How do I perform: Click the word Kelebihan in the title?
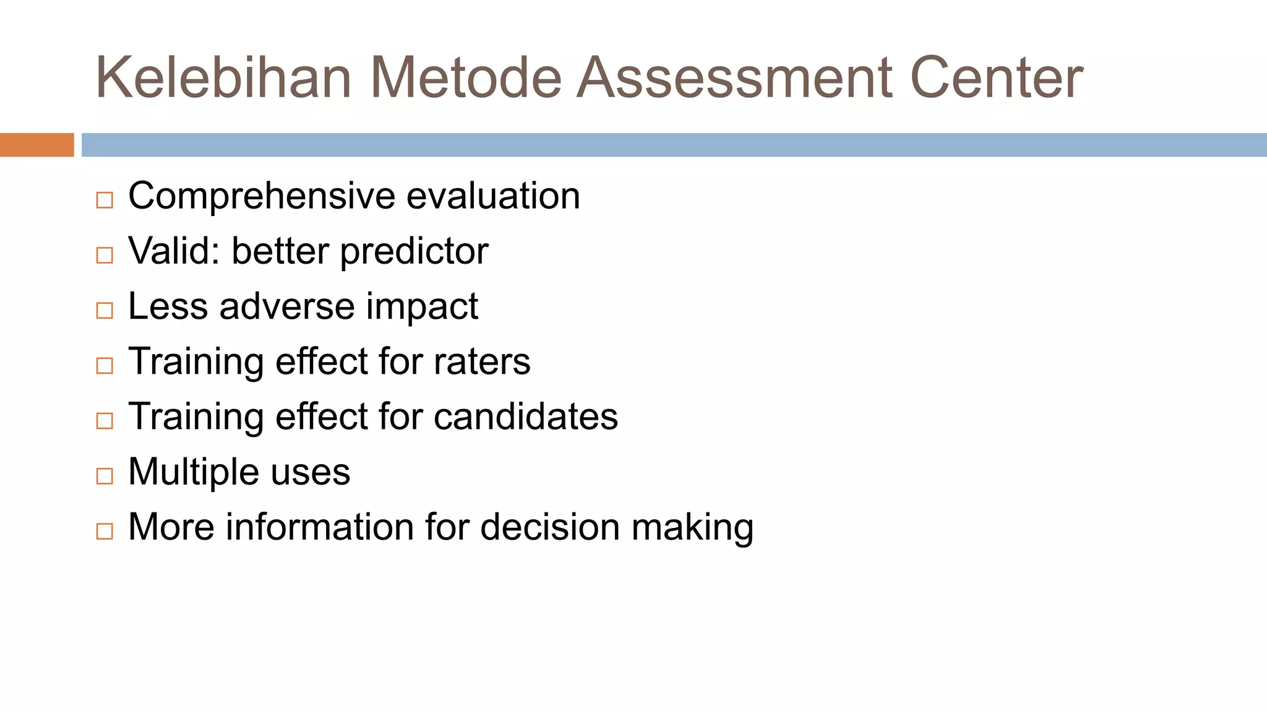[223, 77]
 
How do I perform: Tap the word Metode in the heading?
[466, 77]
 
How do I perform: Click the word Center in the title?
[997, 77]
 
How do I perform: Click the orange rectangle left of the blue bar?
[37, 145]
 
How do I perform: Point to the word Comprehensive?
[261, 196]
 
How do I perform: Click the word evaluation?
[493, 196]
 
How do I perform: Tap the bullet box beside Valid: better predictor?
[105, 255]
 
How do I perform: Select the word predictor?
[414, 252]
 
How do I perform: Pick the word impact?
[421, 308]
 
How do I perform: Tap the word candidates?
[525, 417]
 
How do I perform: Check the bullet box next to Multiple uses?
[105, 476]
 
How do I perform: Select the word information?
[320, 527]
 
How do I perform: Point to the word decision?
[550, 527]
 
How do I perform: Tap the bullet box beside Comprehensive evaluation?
[105, 200]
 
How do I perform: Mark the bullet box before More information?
[105, 531]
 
